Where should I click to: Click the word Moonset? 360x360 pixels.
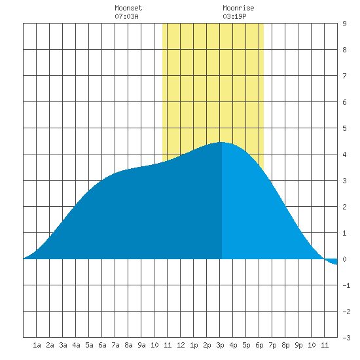(x=128, y=8)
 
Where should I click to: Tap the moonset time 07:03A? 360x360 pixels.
(x=126, y=16)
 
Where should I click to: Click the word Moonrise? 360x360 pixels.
(x=238, y=8)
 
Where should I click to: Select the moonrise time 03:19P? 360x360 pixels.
(x=234, y=16)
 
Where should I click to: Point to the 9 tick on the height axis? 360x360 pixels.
(x=344, y=24)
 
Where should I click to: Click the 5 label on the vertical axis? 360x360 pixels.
(x=344, y=128)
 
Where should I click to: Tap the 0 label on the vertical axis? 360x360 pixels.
(x=344, y=259)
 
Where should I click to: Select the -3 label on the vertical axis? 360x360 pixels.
(x=346, y=338)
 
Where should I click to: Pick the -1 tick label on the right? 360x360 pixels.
(x=346, y=285)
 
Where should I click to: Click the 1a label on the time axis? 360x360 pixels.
(x=37, y=345)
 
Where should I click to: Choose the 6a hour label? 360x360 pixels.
(x=102, y=345)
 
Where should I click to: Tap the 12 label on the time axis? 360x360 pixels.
(x=181, y=345)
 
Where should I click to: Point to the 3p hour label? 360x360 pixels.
(x=220, y=345)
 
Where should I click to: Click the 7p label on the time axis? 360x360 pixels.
(x=272, y=345)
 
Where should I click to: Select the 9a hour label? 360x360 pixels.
(x=141, y=345)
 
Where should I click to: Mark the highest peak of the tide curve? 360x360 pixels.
(x=221, y=142)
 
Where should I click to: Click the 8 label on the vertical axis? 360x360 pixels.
(x=344, y=50)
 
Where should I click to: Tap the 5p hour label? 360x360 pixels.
(x=246, y=345)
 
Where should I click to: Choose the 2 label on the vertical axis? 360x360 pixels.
(x=344, y=207)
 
